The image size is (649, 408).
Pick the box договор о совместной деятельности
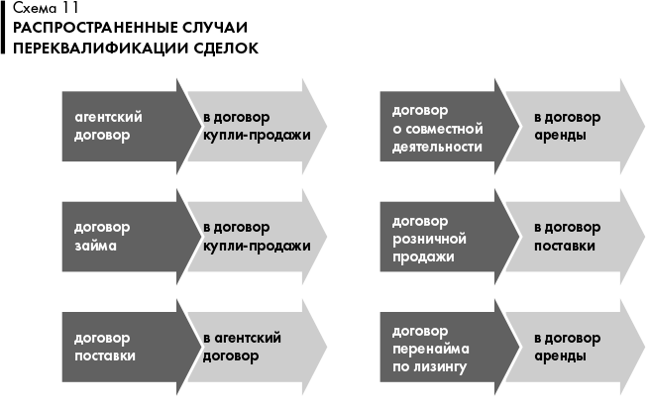coord(438,127)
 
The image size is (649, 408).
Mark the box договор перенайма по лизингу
coord(438,348)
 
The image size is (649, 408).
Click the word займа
coord(95,247)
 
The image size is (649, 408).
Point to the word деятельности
coord(437,147)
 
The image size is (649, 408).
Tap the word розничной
coord(430,238)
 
